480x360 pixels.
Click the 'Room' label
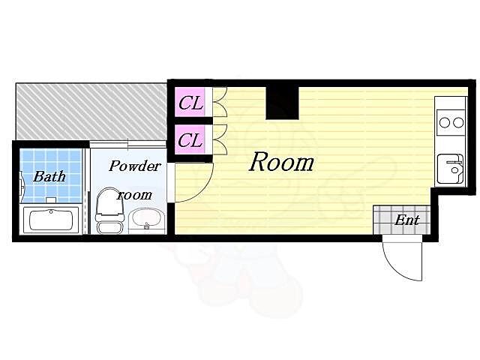pyautogui.click(x=282, y=162)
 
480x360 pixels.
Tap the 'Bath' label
pyautogui.click(x=49, y=176)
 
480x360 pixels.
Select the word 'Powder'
pyautogui.click(x=135, y=166)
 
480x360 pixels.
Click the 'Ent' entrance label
pyautogui.click(x=406, y=220)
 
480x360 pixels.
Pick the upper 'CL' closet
pyautogui.click(x=190, y=102)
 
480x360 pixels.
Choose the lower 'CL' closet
pyautogui.click(x=190, y=139)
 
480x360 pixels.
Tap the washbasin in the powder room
pyautogui.click(x=147, y=220)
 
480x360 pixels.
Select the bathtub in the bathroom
pyautogui.click(x=50, y=220)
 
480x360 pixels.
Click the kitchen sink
pyautogui.click(x=450, y=169)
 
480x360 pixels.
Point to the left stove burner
pyautogui.click(x=445, y=123)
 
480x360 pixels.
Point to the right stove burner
pyautogui.click(x=458, y=123)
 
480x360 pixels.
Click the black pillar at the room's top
pyautogui.click(x=282, y=103)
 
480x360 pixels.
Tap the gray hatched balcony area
pyautogui.click(x=91, y=111)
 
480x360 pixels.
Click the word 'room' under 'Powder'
pyautogui.click(x=135, y=195)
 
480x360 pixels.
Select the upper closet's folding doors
pyautogui.click(x=220, y=102)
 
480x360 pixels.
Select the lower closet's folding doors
pyautogui.click(x=220, y=139)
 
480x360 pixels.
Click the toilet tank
pyautogui.click(x=110, y=227)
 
